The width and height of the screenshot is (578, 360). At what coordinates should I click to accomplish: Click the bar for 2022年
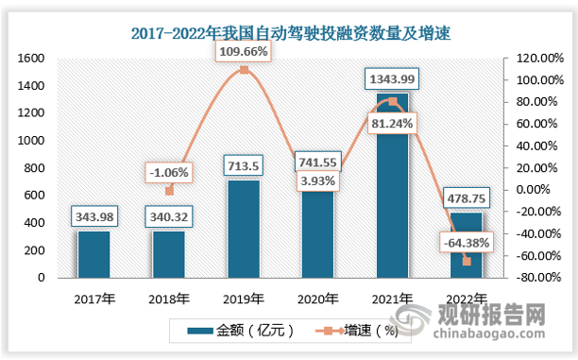tap(467, 246)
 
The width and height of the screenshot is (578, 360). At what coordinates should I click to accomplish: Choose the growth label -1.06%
tap(168, 172)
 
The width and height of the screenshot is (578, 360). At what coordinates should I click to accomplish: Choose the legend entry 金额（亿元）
tap(245, 331)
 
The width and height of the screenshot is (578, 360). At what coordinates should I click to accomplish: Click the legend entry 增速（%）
tap(364, 331)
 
